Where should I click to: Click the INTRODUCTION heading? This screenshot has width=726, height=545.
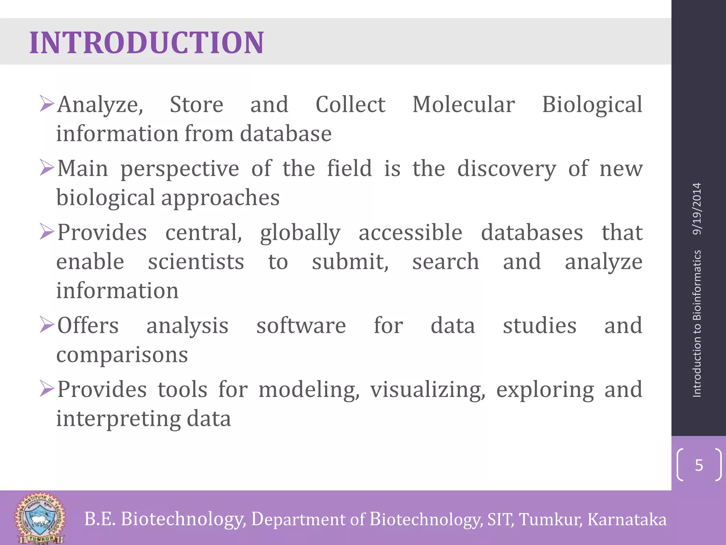[x=146, y=43]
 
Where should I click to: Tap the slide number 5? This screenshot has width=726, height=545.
[x=699, y=465]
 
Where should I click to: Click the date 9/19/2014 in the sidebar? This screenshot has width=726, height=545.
[x=697, y=209]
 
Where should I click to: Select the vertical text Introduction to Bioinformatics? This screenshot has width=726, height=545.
[x=697, y=323]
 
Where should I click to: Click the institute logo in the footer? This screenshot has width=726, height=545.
[x=40, y=518]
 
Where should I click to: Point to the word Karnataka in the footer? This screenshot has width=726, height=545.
[x=627, y=519]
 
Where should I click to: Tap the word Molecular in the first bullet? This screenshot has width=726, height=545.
[x=463, y=105]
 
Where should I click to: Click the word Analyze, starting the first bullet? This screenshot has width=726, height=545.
[x=100, y=105]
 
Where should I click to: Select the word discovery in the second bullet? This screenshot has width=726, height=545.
[x=507, y=169]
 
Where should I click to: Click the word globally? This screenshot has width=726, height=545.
[x=300, y=233]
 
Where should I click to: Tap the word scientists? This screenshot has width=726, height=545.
[x=196, y=262]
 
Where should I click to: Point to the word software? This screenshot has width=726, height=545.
[x=301, y=325]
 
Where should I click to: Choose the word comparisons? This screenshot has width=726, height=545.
[x=122, y=354]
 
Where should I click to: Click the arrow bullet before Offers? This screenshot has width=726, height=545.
[x=47, y=324]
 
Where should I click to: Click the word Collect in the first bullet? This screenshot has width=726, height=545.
[x=350, y=105]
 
